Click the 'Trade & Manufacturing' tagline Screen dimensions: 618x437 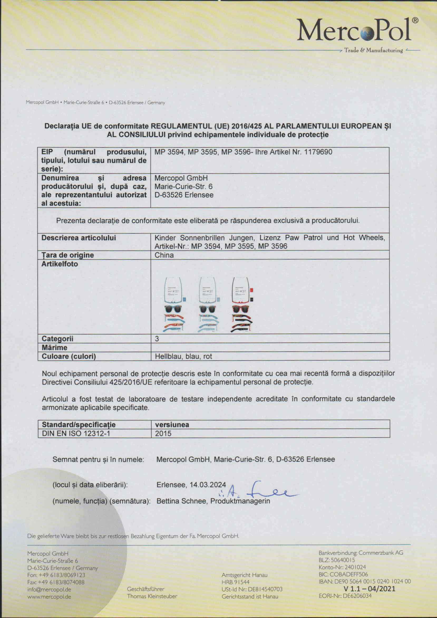373,50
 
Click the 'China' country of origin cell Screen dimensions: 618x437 164,255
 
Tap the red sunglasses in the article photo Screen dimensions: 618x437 241,309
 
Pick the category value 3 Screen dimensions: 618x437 157,339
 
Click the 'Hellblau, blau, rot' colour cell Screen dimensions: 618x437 183,357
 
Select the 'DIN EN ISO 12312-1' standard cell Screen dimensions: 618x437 76,434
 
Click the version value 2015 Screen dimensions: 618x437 163,434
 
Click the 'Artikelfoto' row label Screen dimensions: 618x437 60,264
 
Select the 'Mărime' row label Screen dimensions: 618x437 55,348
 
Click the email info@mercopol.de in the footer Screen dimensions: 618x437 49,589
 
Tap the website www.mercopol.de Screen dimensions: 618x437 49,596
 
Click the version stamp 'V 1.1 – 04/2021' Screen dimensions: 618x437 370,589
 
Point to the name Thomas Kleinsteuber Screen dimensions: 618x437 152,596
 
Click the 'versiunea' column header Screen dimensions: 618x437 172,425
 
